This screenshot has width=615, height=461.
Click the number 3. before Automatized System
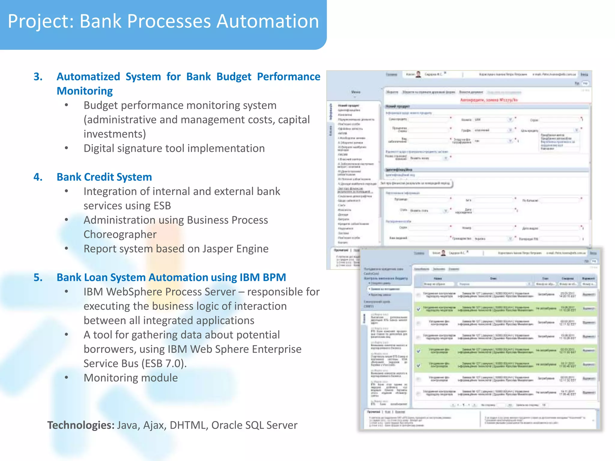point(38,77)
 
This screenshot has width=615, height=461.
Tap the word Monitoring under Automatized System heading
point(85,91)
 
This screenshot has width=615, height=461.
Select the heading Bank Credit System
point(104,177)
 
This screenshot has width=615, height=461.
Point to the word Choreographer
point(120,235)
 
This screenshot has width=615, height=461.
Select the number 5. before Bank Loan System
point(38,278)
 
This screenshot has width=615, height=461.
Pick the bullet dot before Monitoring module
point(66,378)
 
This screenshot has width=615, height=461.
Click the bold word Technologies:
point(81,425)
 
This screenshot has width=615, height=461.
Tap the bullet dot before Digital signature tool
point(66,148)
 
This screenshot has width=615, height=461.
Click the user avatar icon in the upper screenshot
point(418,74)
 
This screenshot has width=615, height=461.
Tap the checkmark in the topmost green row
point(419,309)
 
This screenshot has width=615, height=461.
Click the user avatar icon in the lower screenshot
point(443,253)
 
